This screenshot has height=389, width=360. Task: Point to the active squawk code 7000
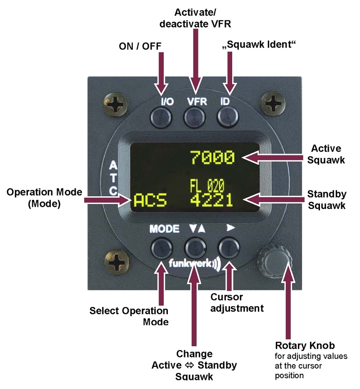click(212, 158)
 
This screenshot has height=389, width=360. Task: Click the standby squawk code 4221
click(211, 199)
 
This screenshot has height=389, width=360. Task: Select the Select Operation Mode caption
click(129, 317)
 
